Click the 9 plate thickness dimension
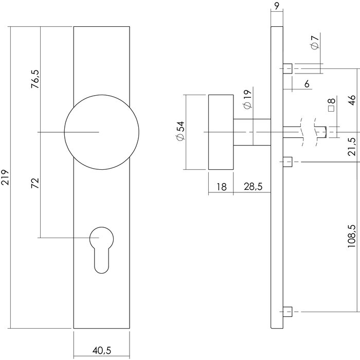(x=277, y=7)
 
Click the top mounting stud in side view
(x=288, y=68)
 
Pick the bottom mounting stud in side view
(x=288, y=312)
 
